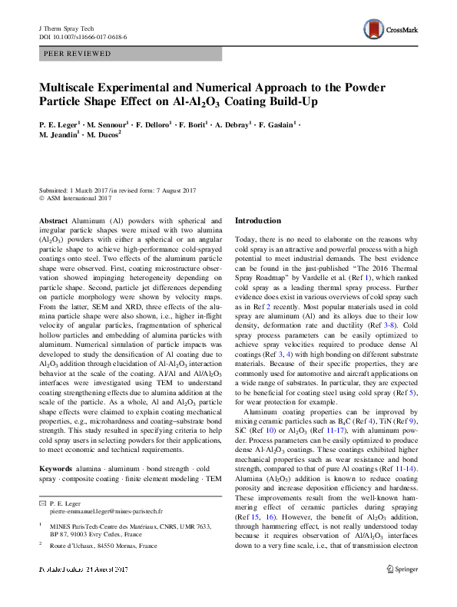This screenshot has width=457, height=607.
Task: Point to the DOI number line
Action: (82, 36)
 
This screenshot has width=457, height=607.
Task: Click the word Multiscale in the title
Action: (75, 87)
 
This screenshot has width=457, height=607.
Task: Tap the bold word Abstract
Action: (53, 220)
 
